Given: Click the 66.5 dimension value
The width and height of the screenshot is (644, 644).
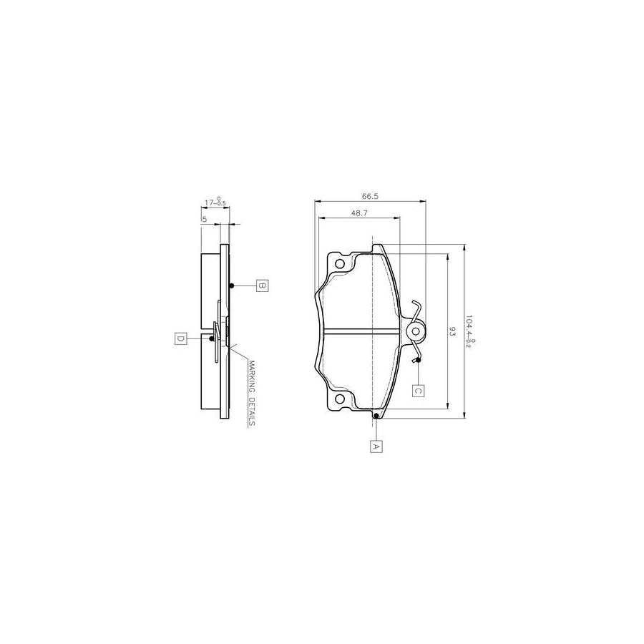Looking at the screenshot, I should [370, 195].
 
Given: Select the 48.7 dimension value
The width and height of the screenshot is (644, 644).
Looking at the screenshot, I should [360, 213].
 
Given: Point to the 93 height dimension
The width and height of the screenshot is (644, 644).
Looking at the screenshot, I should [452, 331].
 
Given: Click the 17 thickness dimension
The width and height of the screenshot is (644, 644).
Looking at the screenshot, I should [214, 203].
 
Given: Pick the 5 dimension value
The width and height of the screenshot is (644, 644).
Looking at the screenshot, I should [204, 219].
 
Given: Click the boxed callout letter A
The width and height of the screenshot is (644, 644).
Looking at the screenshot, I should [376, 446].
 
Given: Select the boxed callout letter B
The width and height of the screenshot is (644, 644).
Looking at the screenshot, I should [262, 286].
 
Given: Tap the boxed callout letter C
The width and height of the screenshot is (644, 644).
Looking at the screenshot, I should [418, 391].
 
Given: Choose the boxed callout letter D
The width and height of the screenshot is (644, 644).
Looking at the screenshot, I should [180, 338].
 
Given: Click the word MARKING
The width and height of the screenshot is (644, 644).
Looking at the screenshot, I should [252, 376].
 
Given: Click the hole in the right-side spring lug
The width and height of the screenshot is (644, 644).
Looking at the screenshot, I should [416, 331].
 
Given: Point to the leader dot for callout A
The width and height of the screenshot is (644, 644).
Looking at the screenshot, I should [376, 415].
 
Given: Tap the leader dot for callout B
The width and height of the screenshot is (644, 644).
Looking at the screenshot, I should [232, 286].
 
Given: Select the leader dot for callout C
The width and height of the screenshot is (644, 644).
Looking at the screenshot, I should [418, 360].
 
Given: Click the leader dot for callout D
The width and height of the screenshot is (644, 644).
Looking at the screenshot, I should [212, 338].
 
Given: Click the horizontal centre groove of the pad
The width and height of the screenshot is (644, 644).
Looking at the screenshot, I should [361, 331].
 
